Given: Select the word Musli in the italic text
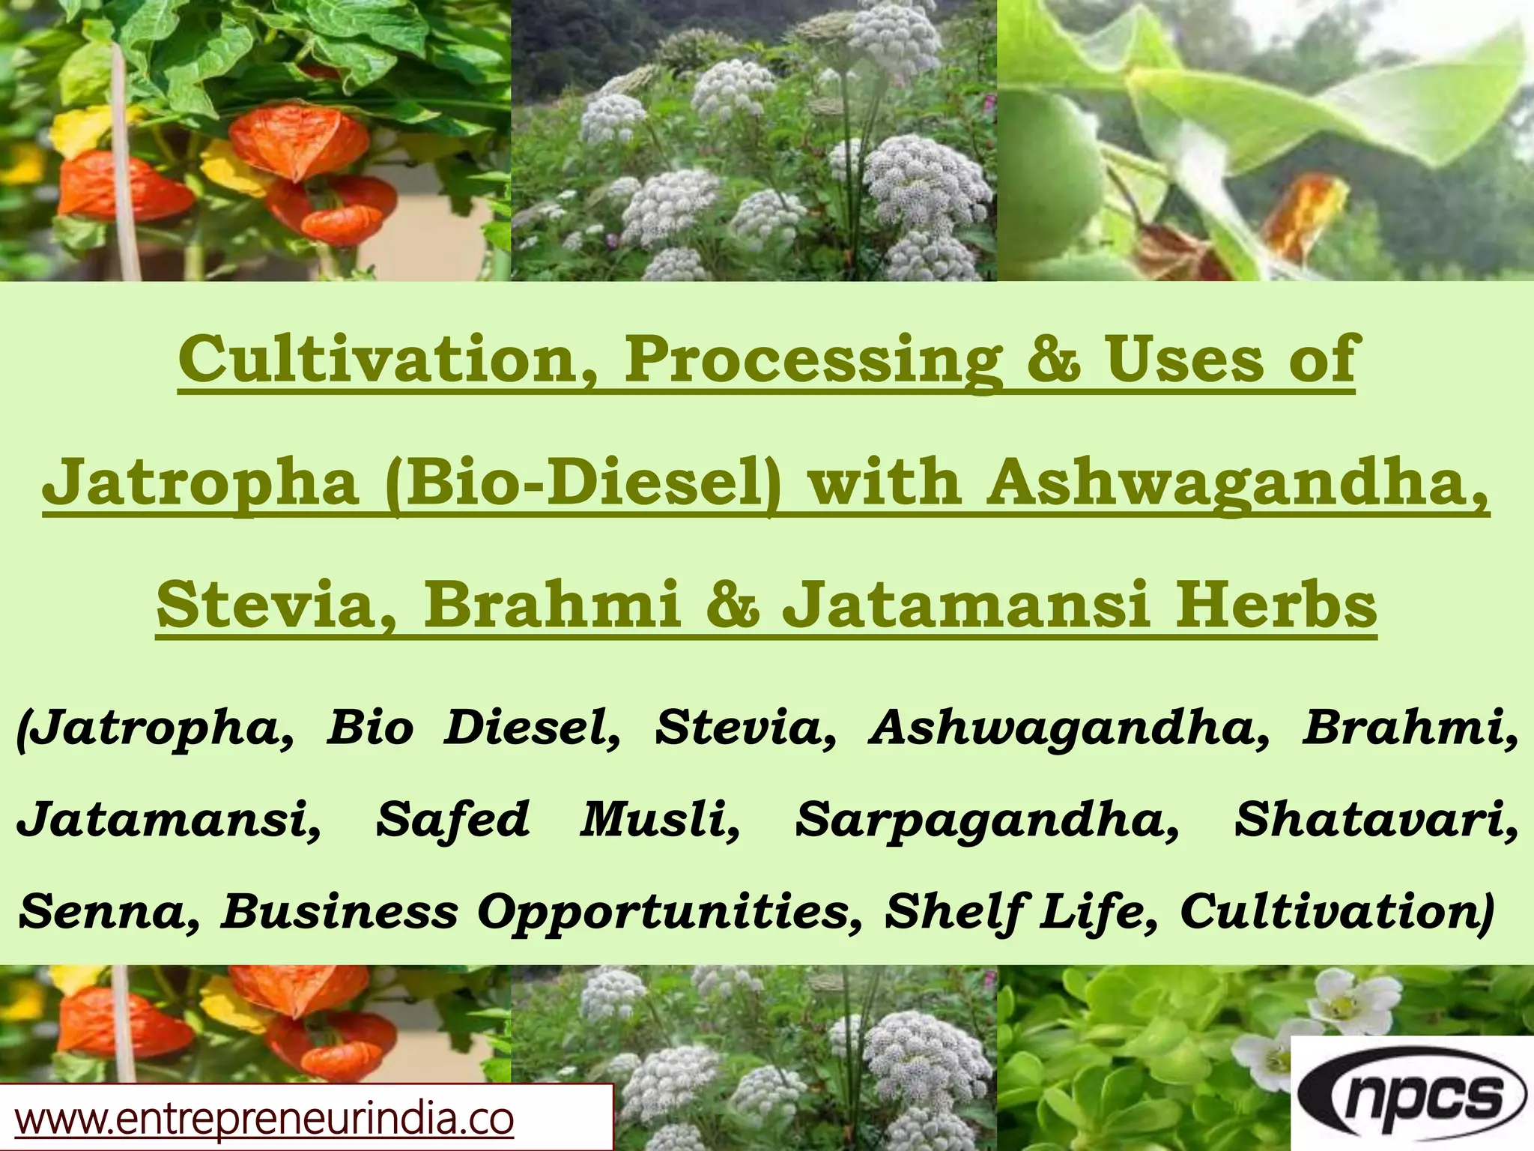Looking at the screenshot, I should [x=659, y=820].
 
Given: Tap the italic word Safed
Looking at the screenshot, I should [x=452, y=820].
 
